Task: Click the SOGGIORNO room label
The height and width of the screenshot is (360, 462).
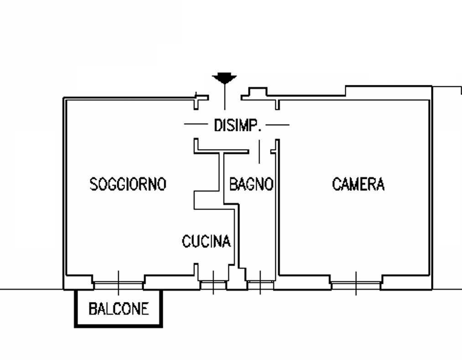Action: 128,184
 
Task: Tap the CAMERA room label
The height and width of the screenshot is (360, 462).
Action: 358,184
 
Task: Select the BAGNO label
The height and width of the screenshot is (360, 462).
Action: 251,184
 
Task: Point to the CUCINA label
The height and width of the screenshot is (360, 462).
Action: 206,241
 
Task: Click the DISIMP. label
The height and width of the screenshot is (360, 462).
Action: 238,125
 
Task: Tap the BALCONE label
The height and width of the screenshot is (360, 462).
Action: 119,309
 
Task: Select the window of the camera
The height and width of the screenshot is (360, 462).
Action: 356,284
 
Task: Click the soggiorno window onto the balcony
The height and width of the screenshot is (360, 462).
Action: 119,284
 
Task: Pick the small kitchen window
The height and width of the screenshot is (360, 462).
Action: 213,285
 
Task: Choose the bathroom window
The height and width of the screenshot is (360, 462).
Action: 260,285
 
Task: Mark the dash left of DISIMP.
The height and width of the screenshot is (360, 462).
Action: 196,124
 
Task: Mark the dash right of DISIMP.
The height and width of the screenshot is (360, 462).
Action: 277,124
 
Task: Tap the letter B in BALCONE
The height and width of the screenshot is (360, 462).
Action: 93,309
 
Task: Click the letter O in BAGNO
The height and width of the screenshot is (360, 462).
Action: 269,184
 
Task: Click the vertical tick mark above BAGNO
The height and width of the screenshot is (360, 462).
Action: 260,151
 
